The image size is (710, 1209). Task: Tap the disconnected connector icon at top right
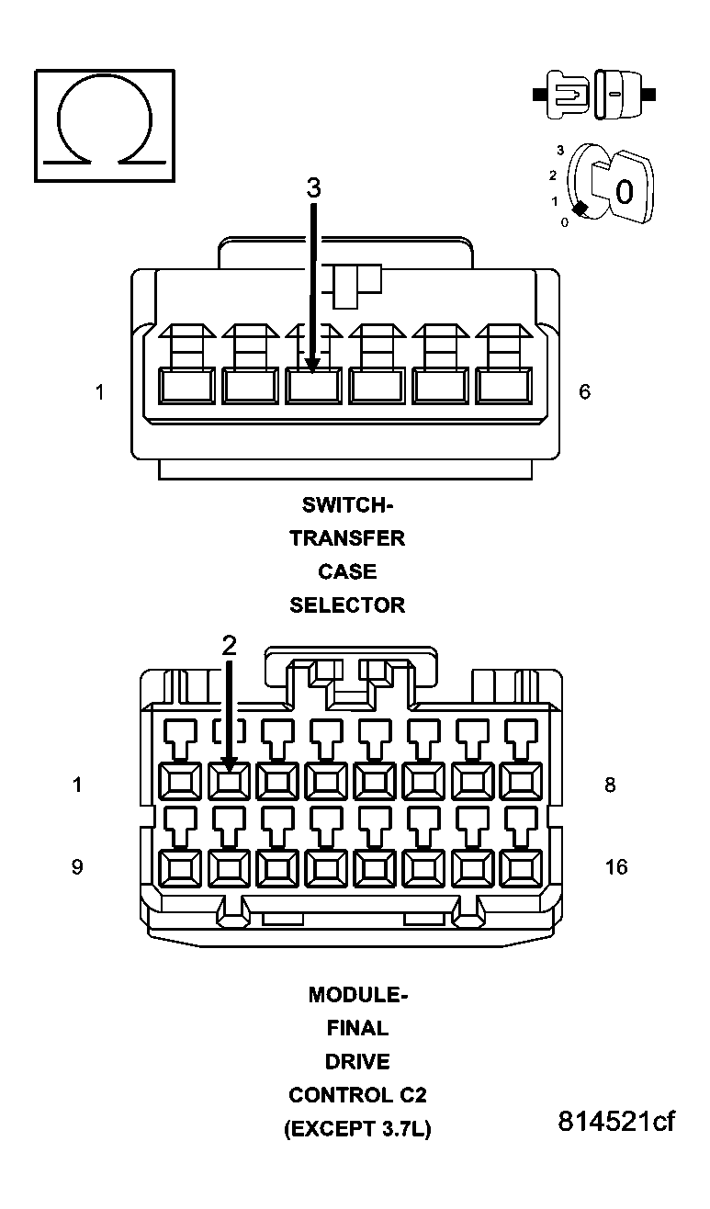click(594, 94)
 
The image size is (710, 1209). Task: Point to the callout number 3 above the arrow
click(313, 188)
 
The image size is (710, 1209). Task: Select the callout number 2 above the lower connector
click(229, 646)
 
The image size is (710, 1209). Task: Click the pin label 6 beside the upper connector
click(585, 392)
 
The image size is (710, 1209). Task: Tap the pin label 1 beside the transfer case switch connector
click(99, 392)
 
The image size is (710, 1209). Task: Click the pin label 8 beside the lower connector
click(610, 785)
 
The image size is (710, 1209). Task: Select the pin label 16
click(616, 866)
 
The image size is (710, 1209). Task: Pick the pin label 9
click(77, 866)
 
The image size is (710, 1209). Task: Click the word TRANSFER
click(347, 538)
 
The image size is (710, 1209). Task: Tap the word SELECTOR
click(347, 605)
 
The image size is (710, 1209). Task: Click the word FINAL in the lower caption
click(356, 1028)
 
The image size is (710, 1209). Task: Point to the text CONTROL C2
click(357, 1095)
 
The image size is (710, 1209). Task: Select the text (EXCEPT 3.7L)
click(357, 1129)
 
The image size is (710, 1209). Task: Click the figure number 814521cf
click(616, 1122)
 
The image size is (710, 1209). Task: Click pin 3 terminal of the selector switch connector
click(313, 386)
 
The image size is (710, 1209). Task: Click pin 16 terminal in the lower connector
click(521, 865)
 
